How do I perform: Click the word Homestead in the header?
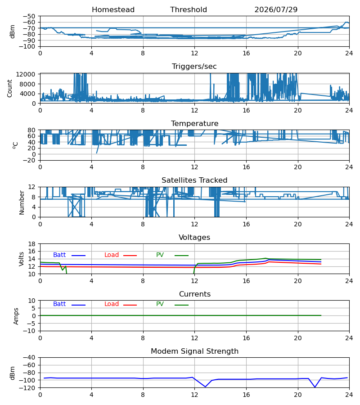click(x=113, y=10)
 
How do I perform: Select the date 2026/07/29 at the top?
click(x=276, y=10)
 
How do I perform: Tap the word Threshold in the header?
click(x=189, y=10)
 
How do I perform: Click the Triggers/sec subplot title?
click(x=194, y=67)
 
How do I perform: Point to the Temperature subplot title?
click(x=194, y=123)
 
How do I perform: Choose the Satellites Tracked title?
click(x=194, y=180)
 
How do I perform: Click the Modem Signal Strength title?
click(x=194, y=351)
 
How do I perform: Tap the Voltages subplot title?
click(x=194, y=237)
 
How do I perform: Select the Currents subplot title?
click(x=195, y=294)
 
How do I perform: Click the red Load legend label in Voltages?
click(x=112, y=255)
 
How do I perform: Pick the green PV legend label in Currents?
click(x=160, y=304)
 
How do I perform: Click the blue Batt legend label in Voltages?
click(x=59, y=255)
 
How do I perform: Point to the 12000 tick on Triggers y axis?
click(x=26, y=74)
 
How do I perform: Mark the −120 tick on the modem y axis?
click(x=29, y=388)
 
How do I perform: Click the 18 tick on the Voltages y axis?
click(x=32, y=244)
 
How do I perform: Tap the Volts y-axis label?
click(x=21, y=259)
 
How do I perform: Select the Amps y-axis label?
click(x=16, y=316)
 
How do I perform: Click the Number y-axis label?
click(x=22, y=203)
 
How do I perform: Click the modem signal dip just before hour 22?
click(x=315, y=387)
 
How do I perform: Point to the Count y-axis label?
click(x=10, y=89)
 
